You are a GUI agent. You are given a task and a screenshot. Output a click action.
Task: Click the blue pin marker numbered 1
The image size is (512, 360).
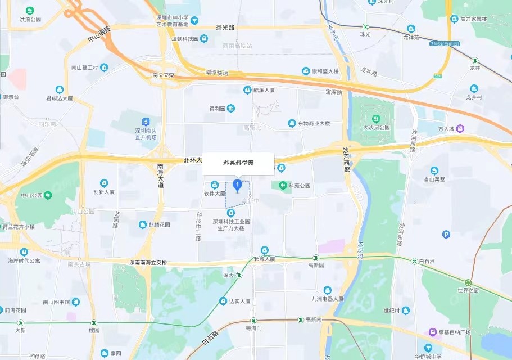click(238, 185)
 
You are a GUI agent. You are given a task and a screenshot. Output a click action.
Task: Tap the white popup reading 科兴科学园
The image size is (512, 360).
click(238, 163)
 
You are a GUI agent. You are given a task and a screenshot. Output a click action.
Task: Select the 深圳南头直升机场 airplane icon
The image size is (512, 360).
click(146, 122)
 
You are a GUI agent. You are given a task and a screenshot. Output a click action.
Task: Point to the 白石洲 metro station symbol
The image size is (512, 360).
click(414, 262)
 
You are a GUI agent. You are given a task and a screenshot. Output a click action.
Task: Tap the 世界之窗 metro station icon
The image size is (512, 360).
click(468, 282)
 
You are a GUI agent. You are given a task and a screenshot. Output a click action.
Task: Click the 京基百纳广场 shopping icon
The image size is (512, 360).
click(432, 332)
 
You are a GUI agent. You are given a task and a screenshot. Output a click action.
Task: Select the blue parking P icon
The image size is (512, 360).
click(446, 234)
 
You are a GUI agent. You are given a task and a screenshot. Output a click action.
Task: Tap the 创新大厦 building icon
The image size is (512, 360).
click(104, 183)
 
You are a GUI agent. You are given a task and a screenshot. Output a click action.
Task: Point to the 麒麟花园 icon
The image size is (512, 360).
click(143, 224)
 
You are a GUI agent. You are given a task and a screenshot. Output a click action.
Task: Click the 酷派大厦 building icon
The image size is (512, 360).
click(247, 90)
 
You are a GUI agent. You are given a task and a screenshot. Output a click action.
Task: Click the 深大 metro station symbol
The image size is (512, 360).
click(239, 276)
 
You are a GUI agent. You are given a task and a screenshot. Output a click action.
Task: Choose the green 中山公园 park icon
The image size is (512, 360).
click(48, 196)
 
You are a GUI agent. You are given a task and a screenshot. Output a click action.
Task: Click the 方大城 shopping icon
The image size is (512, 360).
click(460, 128)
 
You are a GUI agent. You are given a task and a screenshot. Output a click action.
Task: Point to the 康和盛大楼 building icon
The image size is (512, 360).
click(306, 71)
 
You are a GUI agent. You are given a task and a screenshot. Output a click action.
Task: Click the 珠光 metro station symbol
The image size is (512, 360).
click(366, 26)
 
